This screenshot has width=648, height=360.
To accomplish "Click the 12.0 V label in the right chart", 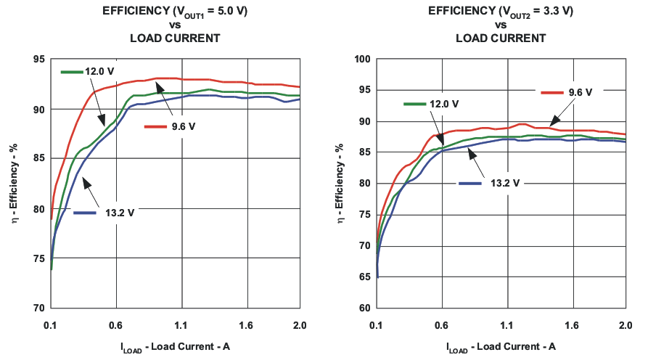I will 444,105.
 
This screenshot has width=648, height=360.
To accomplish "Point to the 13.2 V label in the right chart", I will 505,183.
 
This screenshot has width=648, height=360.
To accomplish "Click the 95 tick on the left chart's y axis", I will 38,60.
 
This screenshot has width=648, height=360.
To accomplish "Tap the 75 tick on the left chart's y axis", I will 38,258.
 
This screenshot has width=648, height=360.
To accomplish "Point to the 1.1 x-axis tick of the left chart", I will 181,325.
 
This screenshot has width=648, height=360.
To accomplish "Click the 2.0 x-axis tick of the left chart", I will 299,325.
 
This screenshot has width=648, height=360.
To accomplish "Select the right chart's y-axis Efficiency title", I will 340,184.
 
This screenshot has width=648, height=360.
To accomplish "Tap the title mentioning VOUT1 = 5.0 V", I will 174,12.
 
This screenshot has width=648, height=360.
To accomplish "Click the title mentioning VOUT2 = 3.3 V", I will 501,12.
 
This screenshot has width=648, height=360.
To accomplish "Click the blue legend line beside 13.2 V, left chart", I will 86,212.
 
